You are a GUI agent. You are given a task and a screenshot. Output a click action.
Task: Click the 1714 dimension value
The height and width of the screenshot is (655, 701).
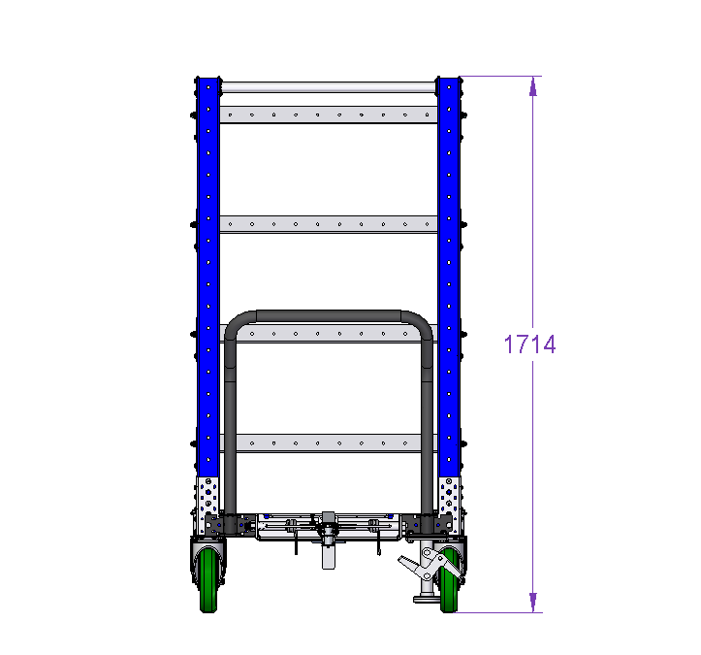point(529,344)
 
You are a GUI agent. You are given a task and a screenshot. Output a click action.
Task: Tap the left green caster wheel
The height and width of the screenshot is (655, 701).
point(207,580)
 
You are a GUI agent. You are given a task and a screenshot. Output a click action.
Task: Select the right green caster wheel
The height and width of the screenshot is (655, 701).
point(449,580)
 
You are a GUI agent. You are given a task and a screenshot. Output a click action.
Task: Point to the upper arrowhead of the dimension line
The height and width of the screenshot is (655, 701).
point(532,86)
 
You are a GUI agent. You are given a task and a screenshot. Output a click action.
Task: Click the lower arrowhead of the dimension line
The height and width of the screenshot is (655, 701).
point(532,603)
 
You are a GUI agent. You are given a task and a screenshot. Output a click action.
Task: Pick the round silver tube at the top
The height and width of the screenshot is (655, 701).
point(329,87)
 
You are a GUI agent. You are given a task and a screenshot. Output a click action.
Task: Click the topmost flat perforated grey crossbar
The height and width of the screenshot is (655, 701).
point(329,115)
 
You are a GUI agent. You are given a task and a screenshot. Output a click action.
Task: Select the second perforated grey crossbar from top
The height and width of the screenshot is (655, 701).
point(329,224)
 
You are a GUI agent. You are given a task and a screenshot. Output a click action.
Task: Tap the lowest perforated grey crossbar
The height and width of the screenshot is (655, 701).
point(329,443)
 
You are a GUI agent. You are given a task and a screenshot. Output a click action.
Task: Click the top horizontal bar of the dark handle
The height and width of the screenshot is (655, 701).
point(329,316)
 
